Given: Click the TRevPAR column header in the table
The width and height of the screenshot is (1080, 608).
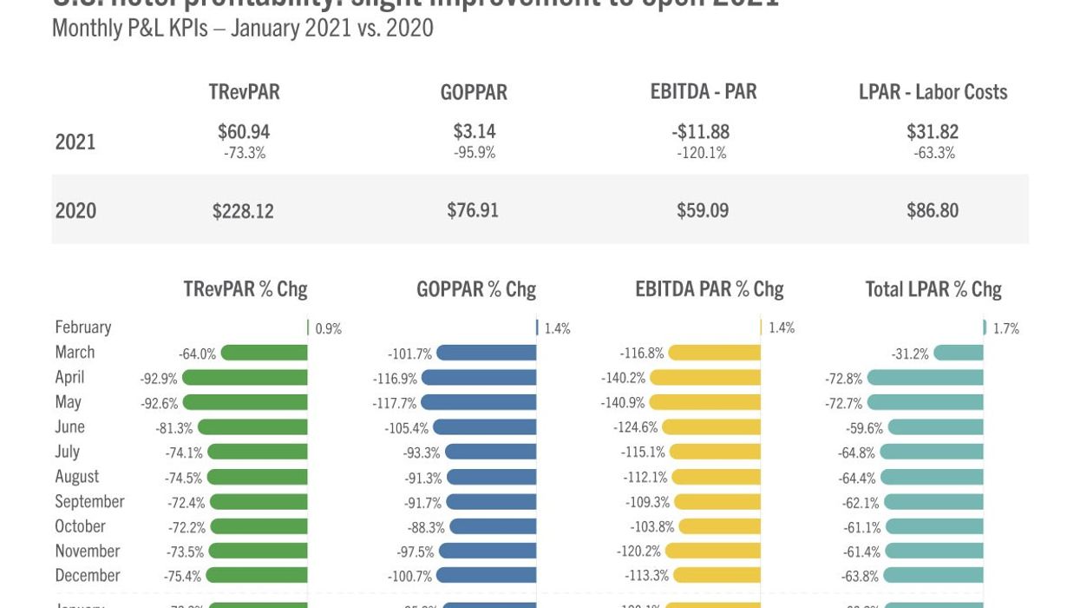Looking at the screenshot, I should point(244,92).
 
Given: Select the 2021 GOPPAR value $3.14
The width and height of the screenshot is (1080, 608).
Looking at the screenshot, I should point(475,131).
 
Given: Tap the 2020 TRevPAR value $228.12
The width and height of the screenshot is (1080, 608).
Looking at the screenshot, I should point(243,210).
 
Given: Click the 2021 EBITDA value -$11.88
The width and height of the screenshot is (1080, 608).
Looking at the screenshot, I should point(701,131).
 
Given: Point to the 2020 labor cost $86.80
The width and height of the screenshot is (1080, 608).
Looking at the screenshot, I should point(933,210).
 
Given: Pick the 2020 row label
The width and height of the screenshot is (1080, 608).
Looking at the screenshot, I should point(75,210).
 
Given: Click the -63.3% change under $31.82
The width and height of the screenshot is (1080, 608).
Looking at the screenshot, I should point(933,153).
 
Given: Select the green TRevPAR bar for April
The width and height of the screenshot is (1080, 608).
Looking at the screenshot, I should point(245,378).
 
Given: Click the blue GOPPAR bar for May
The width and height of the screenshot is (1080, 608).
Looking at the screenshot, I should point(479,403).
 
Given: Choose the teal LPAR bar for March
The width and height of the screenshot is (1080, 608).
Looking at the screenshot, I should point(959,353).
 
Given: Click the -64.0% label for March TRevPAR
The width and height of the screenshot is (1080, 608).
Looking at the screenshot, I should point(197,354).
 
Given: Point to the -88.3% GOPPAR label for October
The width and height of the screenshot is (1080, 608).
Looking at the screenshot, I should point(426,527).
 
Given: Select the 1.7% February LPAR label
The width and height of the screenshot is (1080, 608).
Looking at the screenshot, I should point(1005,328).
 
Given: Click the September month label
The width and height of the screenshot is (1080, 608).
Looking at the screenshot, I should point(89,501).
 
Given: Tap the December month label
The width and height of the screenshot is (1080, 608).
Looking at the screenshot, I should point(87,576).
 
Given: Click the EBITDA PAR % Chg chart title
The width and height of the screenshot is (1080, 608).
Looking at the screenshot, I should point(709,288).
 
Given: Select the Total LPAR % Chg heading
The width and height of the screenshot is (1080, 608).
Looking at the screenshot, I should point(933,288).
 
